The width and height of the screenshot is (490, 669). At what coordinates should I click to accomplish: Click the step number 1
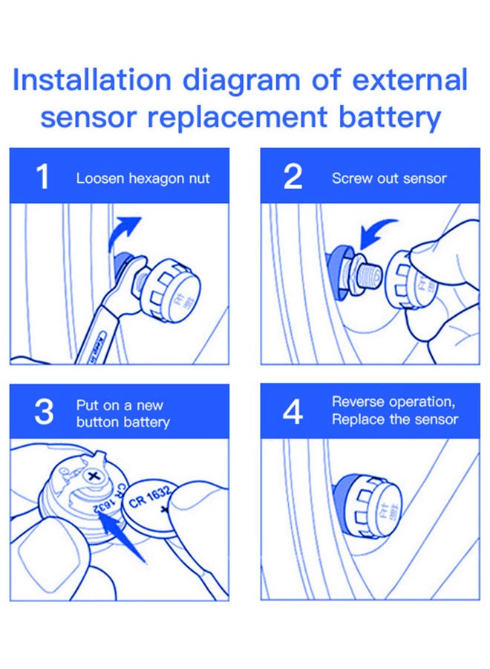pos(43,178)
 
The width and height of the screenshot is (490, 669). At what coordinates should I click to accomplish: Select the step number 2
pos(293,178)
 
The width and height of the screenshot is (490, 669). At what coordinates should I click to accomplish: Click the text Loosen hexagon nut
pos(143,178)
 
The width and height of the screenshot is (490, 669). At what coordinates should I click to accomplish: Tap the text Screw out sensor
pos(389,178)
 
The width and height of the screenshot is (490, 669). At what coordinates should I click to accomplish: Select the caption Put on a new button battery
pos(122,414)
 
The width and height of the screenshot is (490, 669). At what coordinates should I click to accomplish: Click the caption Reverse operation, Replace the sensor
pos(394,410)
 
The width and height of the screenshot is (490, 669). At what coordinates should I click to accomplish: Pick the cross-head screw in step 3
pos(94,473)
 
